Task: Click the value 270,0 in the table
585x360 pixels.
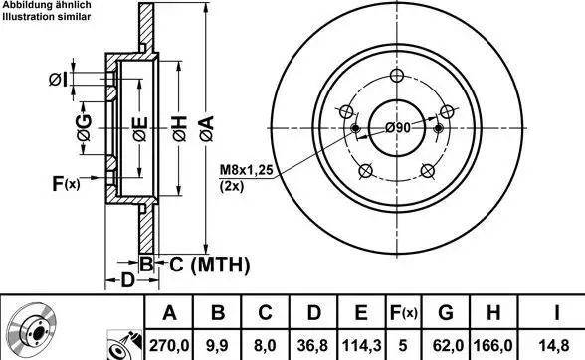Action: (x=169, y=345)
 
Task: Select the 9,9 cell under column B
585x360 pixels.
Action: (x=217, y=345)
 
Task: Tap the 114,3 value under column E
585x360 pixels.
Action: (x=361, y=345)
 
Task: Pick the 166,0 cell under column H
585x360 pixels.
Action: (x=493, y=345)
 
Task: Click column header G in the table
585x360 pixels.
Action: (x=446, y=312)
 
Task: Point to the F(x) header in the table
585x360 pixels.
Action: (x=403, y=312)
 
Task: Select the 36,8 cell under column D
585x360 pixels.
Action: (x=312, y=345)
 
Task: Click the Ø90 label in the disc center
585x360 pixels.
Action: (x=398, y=128)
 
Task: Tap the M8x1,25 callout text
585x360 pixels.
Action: (x=247, y=170)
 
